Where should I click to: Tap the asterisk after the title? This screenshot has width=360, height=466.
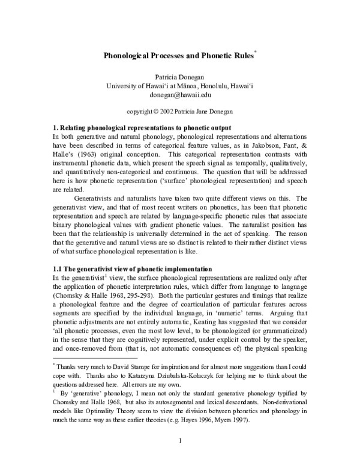[255, 53]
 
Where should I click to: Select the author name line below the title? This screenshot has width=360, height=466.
[179, 76]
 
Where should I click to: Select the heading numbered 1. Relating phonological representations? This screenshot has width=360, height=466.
[142, 128]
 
